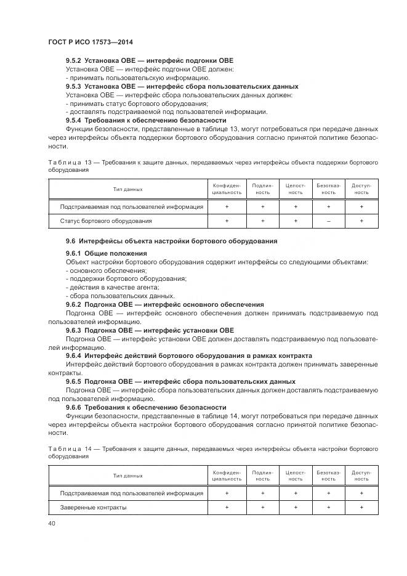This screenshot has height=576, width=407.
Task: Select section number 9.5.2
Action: coord(74,60)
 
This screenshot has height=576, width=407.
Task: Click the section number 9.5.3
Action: coord(74,87)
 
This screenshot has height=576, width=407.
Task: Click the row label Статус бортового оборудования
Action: coord(106,221)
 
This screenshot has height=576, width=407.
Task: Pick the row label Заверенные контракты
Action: coord(93,508)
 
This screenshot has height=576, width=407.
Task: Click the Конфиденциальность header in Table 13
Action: coord(226,189)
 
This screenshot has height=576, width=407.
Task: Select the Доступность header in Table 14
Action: coord(361,476)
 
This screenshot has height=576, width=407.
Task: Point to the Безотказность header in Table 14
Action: coord(328,476)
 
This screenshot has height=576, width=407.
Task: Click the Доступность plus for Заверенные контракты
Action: coord(361,508)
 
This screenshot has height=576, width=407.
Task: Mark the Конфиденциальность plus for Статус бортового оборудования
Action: coord(226,221)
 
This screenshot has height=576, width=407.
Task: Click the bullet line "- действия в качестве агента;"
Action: coord(104,287)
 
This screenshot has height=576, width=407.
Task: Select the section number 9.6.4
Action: coord(74,356)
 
